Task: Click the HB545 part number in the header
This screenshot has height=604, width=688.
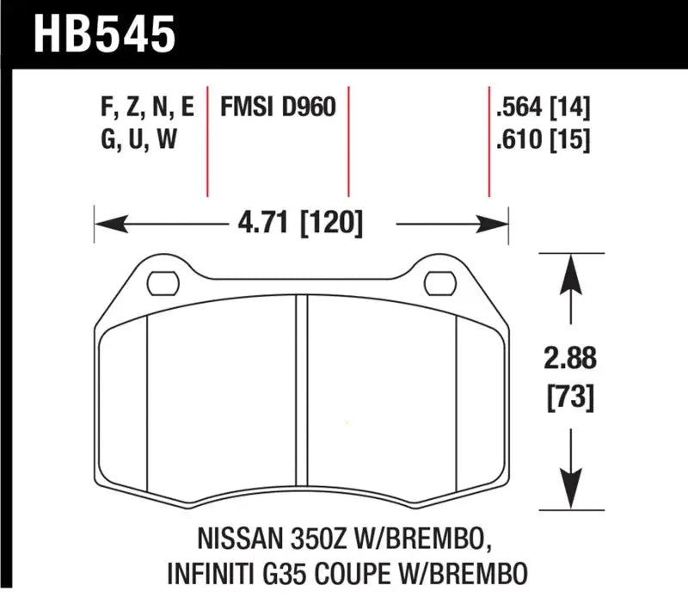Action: point(104,34)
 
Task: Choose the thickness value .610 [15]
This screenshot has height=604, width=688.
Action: point(542,139)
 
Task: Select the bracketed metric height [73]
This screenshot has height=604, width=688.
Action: point(569,398)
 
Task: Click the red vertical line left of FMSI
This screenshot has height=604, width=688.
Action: point(208,142)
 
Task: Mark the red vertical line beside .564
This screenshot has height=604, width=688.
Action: point(488,142)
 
